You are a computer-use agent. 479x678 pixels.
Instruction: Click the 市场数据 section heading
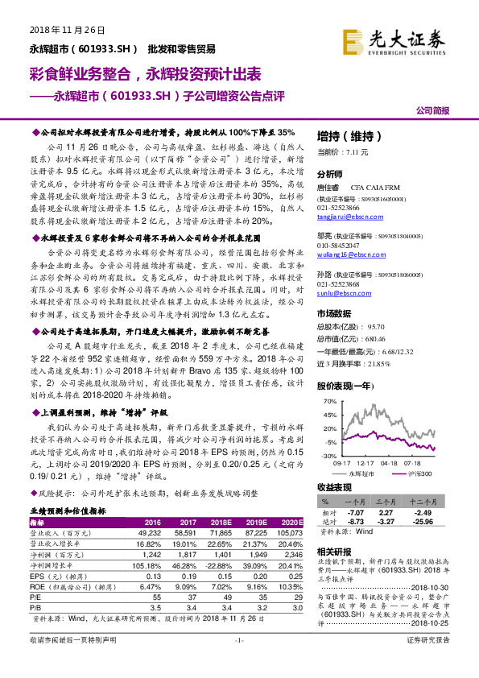point(334,313)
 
